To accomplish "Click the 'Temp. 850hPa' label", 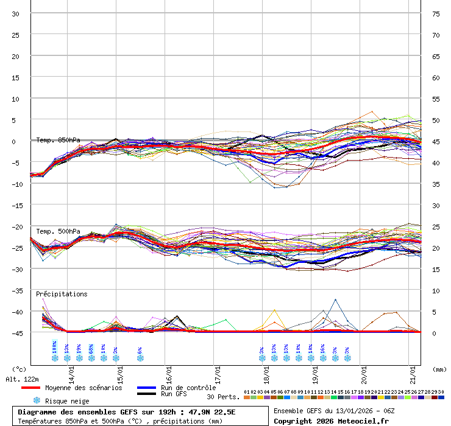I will click(x=58, y=140).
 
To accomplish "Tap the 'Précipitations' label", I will click(x=62, y=294).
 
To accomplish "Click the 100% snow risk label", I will click(x=55, y=347).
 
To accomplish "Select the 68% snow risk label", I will click(x=91, y=348).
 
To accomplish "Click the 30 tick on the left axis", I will click(x=16, y=14).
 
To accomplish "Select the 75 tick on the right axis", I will click(x=436, y=14).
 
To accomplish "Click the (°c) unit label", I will click(x=19, y=369).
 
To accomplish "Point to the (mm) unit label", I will click(x=439, y=369).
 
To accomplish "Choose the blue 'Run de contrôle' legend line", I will click(x=146, y=388).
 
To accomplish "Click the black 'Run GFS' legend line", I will click(x=146, y=394).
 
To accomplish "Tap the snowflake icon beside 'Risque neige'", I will click(x=36, y=400).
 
